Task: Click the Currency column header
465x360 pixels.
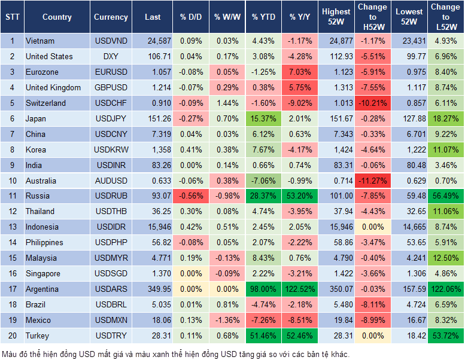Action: tap(111, 17)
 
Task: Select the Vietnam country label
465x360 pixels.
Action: tap(40, 41)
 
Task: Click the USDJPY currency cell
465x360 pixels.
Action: tap(111, 118)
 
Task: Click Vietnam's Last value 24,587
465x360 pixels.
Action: tap(153, 41)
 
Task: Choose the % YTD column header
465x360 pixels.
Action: tap(264, 17)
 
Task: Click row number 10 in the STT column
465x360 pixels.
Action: tap(11, 181)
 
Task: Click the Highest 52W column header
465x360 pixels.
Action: tap(336, 17)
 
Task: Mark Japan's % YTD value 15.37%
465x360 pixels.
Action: tap(264, 118)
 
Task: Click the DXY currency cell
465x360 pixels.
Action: tap(111, 56)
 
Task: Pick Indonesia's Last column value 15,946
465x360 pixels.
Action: tap(153, 227)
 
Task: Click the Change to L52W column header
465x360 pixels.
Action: tap(445, 17)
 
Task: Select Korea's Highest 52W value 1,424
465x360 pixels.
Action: tap(336, 150)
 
